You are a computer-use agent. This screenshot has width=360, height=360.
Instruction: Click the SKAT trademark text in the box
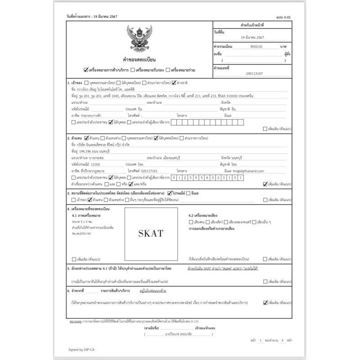[151, 233]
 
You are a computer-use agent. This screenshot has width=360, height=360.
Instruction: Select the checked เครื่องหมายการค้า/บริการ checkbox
[86, 70]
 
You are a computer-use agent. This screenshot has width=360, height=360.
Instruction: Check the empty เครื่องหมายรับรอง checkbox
[132, 70]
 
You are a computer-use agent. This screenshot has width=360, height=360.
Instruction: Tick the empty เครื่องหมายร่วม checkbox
[167, 70]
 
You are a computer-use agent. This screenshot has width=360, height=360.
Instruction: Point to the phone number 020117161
[149, 171]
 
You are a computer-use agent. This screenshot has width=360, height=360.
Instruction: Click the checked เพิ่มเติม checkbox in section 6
[265, 303]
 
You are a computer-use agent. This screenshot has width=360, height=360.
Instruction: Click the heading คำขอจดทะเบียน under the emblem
[139, 59]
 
